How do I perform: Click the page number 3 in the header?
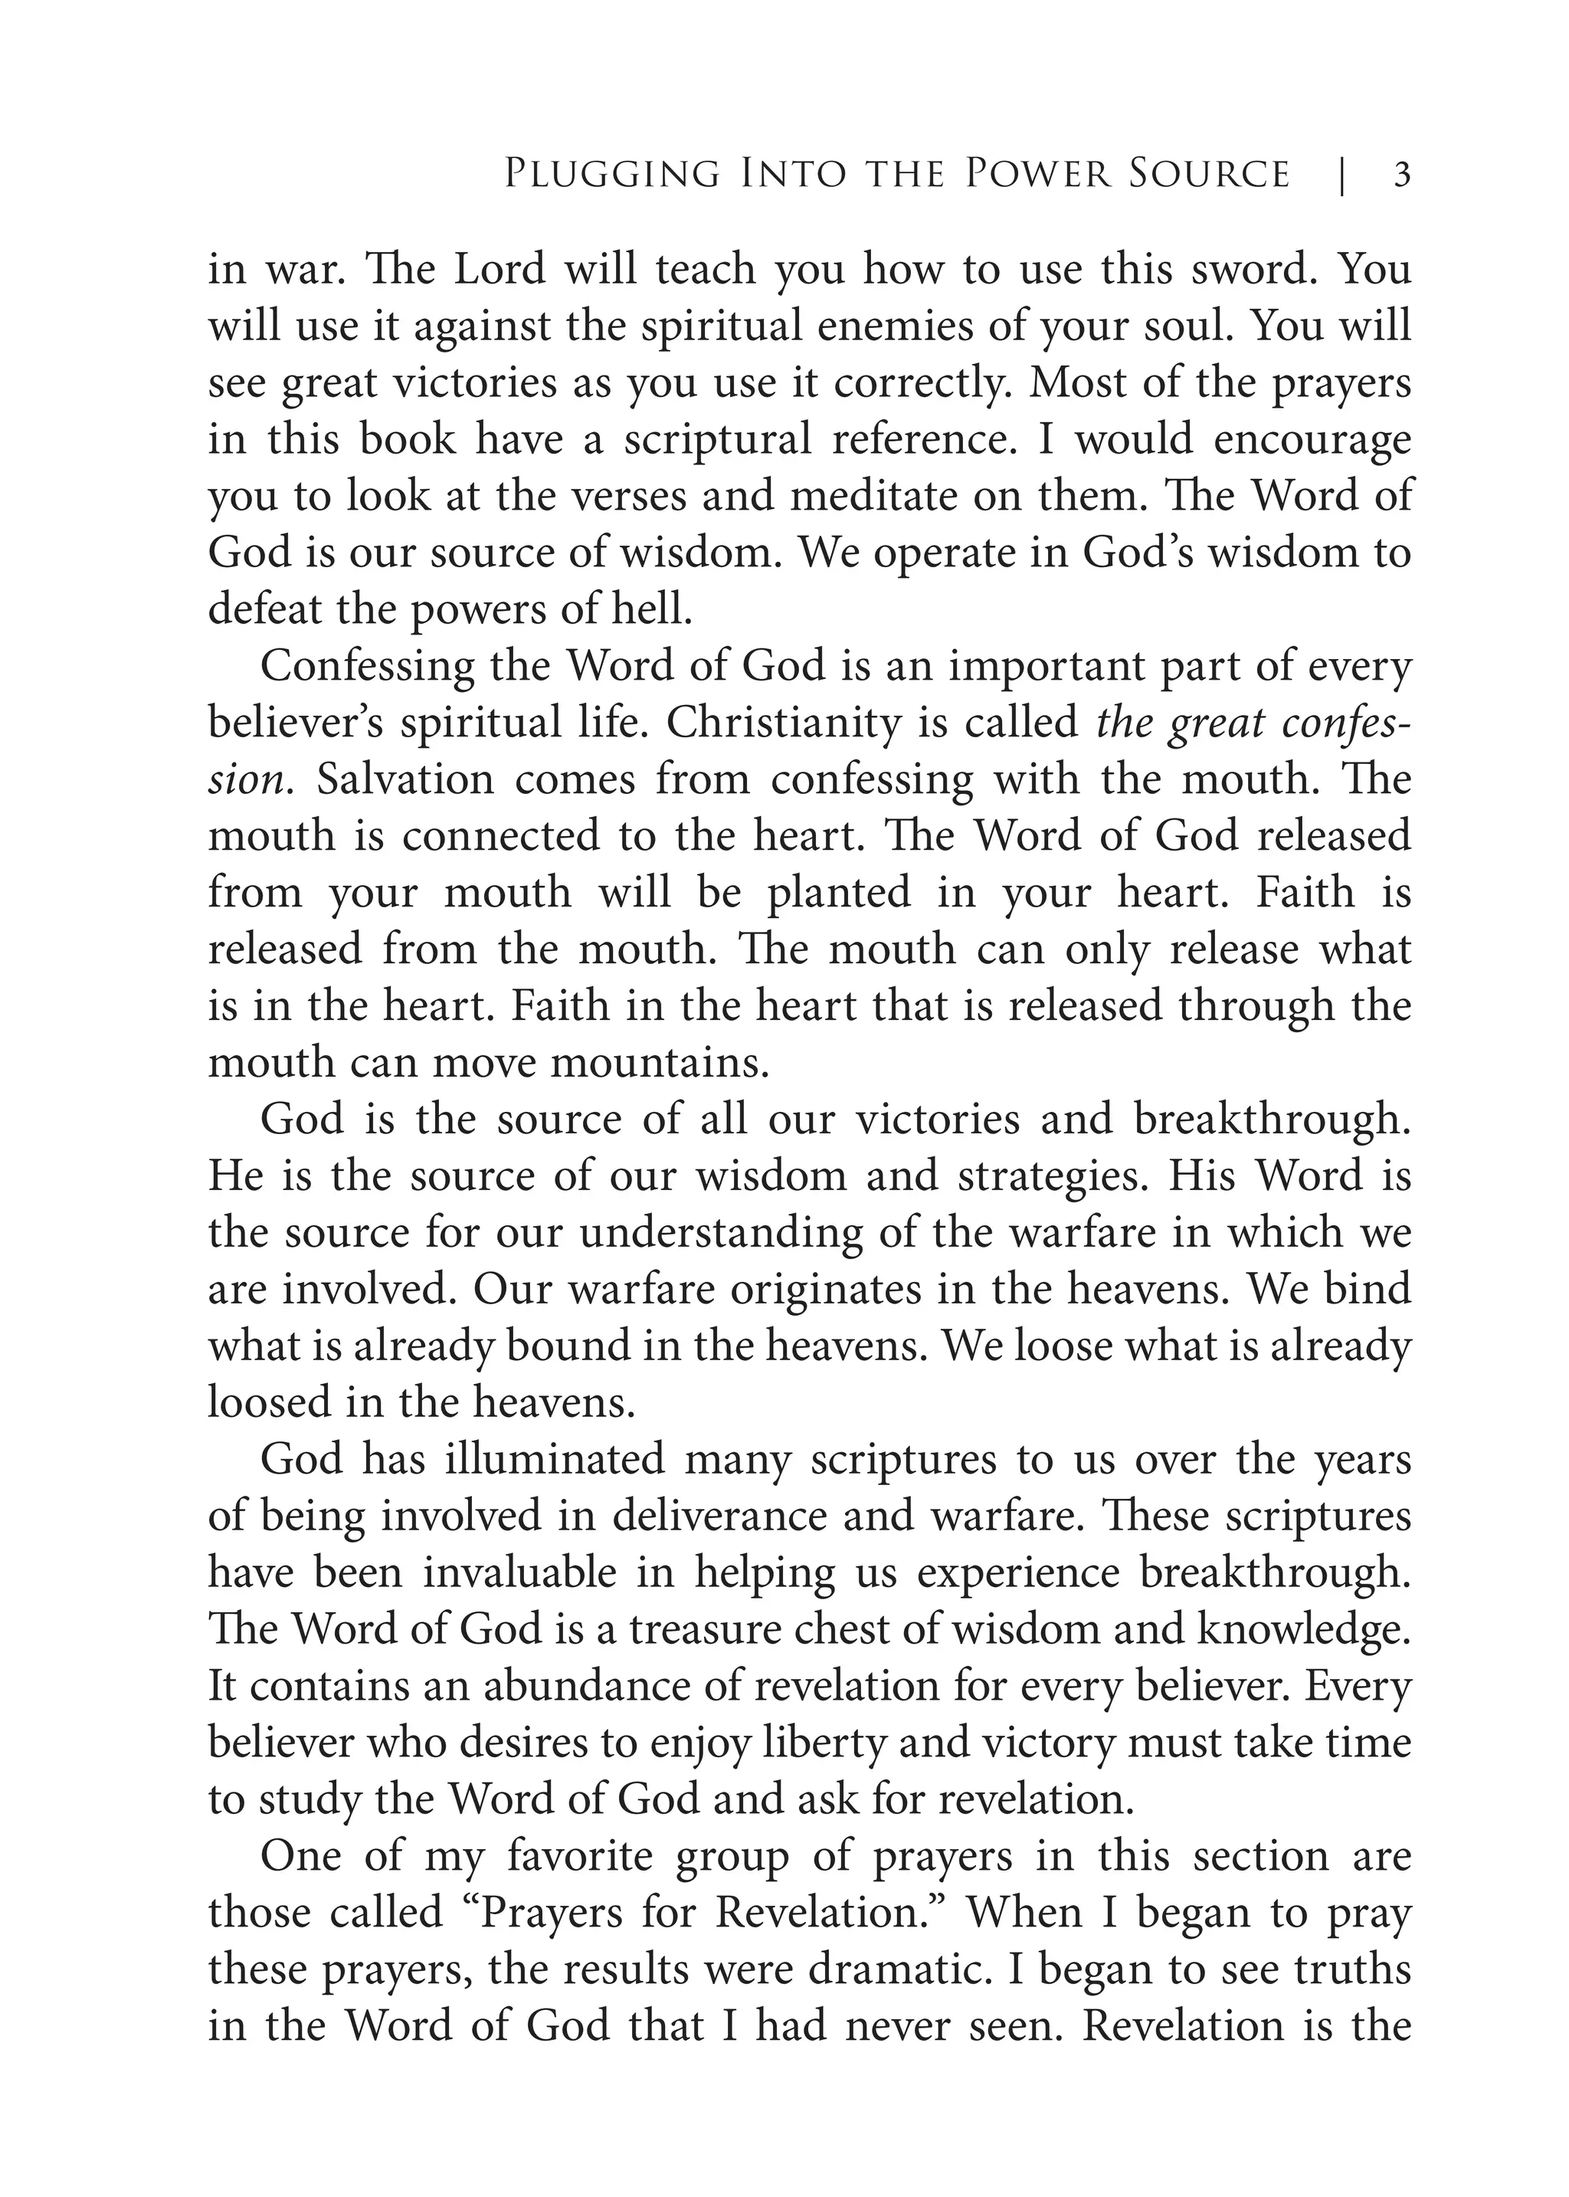(1402, 175)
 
